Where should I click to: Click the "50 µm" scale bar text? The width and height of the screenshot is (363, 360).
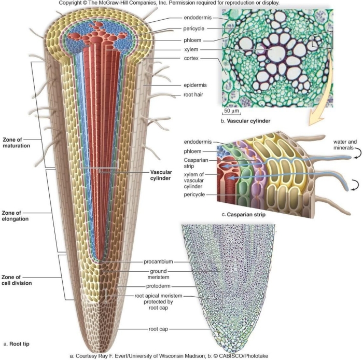tap(232, 110)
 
